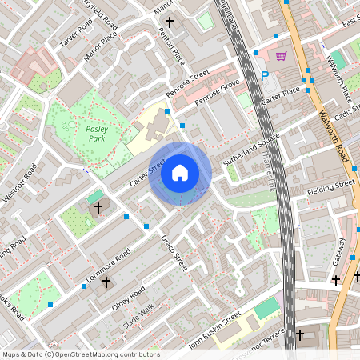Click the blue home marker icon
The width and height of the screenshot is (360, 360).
[180, 173]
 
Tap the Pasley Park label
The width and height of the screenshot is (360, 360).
[95, 133]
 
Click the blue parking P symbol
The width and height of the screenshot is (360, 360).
[265, 76]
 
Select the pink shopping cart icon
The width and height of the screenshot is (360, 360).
[281, 56]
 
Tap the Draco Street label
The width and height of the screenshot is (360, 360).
[173, 250]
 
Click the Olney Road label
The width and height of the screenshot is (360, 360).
[128, 298]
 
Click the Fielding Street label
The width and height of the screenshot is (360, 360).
[334, 186]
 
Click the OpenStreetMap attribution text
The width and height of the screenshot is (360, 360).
[80, 354]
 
